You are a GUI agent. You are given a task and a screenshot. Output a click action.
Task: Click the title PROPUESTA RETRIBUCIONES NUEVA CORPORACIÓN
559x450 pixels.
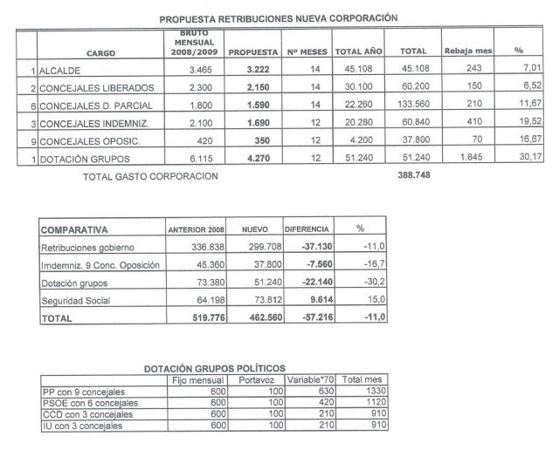(279, 17)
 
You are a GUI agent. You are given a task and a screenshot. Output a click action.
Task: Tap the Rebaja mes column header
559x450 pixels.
(468, 51)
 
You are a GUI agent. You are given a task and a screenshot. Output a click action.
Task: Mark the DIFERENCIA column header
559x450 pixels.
(307, 229)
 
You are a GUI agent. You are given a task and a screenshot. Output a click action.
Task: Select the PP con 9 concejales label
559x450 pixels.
(84, 391)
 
